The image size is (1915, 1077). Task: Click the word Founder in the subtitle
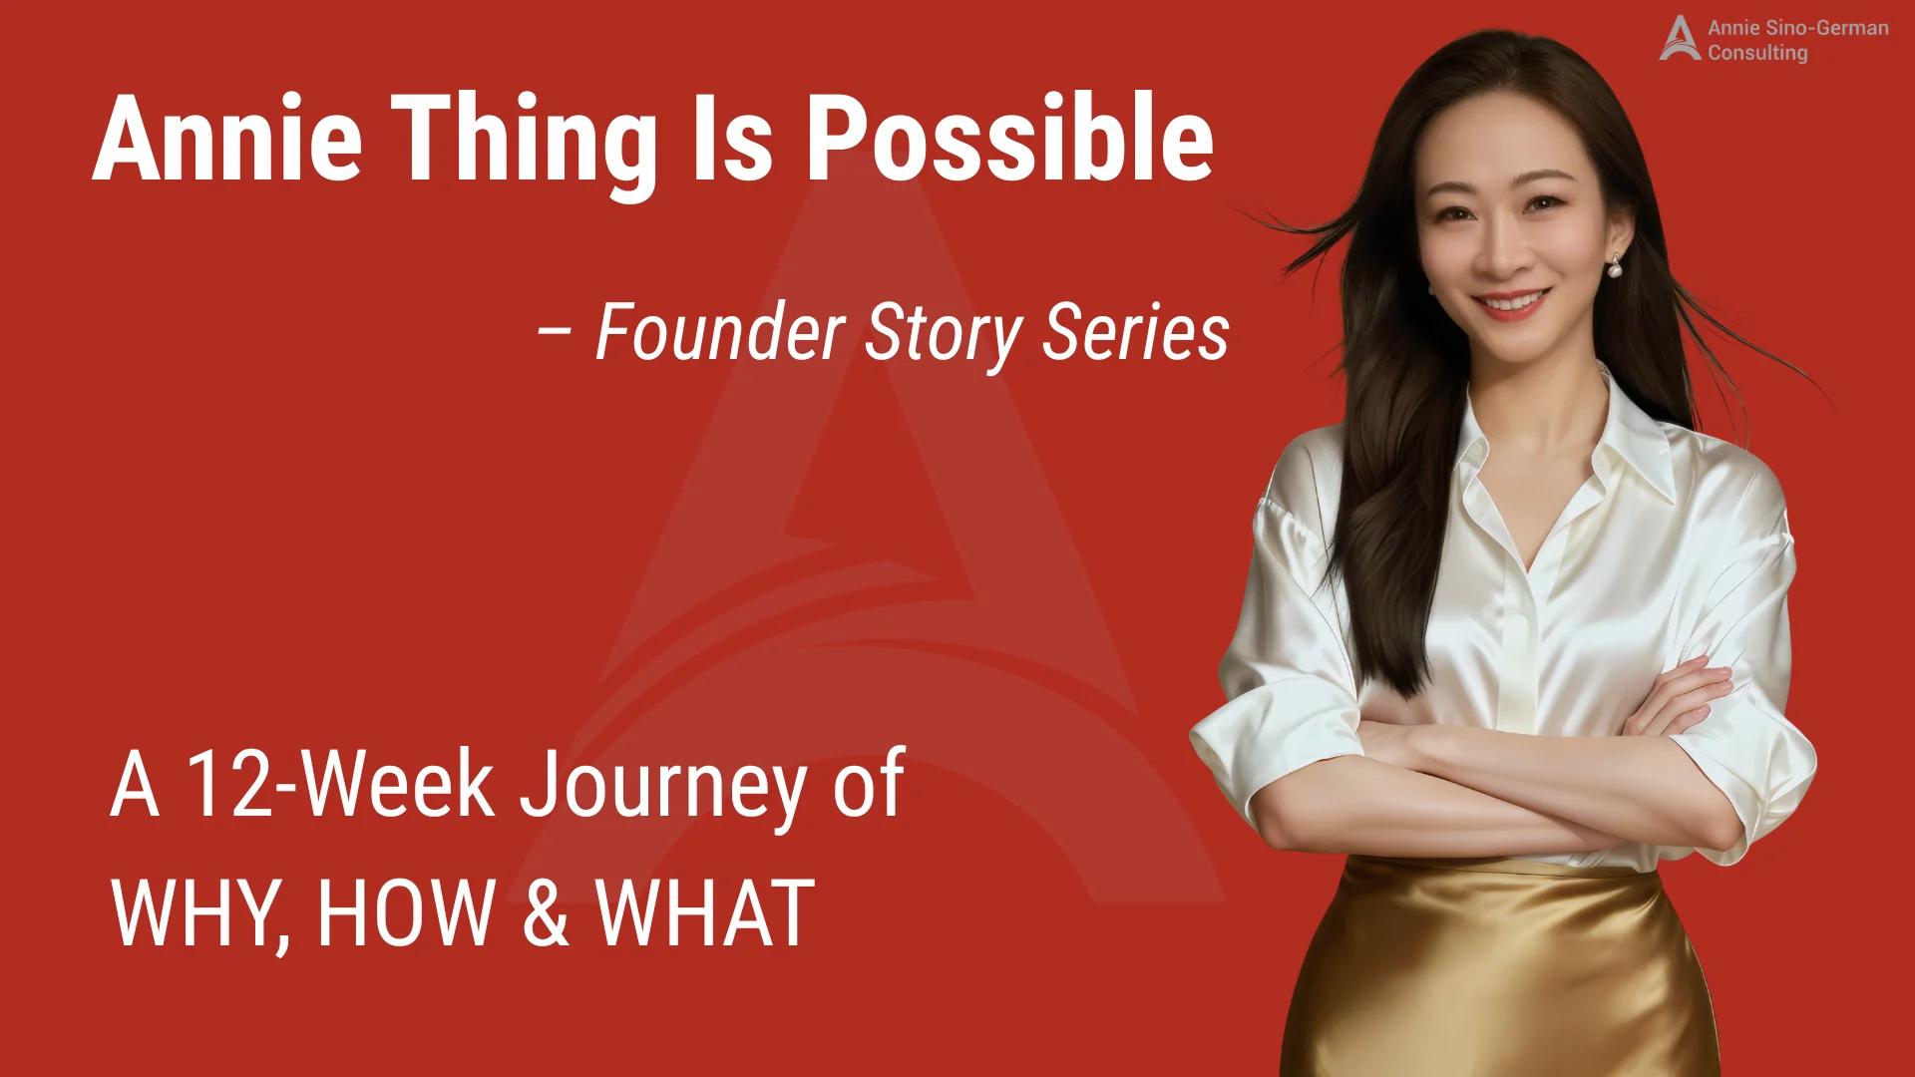point(720,332)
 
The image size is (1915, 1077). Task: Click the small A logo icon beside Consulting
point(1679,39)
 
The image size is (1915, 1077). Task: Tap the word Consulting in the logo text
point(1757,53)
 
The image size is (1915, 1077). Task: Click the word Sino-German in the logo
point(1826,28)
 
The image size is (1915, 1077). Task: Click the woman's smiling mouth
point(1512,301)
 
